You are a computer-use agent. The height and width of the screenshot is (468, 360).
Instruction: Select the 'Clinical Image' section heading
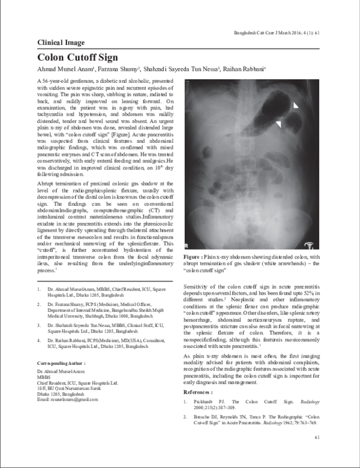[x=61, y=43]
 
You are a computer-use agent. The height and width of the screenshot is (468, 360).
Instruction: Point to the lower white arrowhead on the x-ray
[x=278, y=124]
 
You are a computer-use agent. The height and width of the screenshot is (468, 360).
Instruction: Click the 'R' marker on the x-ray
[x=188, y=245]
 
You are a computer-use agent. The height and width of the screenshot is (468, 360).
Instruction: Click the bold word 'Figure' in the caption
[x=194, y=256]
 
